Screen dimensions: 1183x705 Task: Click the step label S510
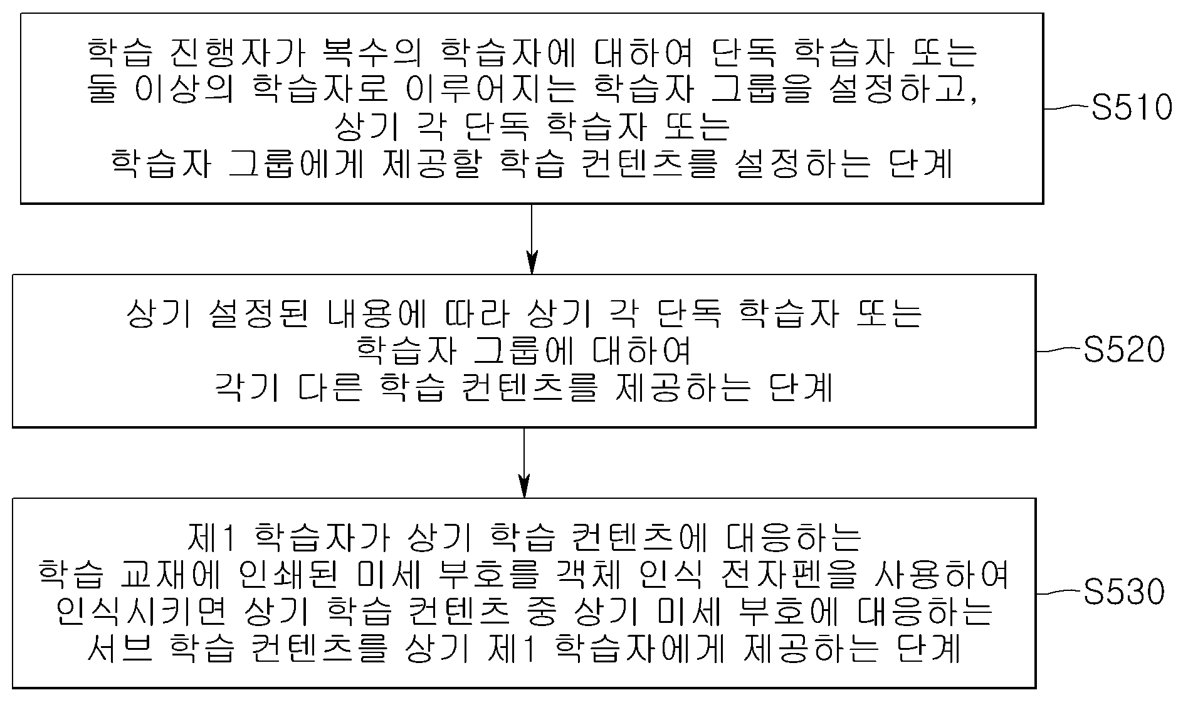click(x=1132, y=108)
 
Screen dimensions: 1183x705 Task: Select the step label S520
click(x=1124, y=350)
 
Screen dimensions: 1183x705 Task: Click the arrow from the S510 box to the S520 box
click(x=532, y=239)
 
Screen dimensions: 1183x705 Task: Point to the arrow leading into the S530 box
click(x=524, y=463)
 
